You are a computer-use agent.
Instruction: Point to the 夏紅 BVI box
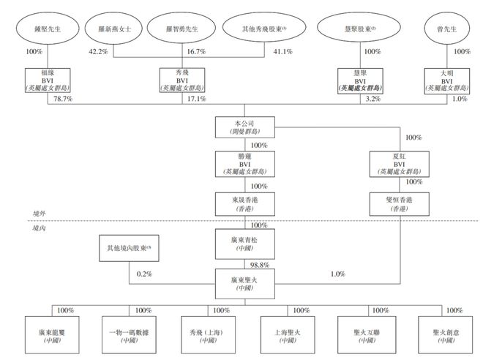click(399, 165)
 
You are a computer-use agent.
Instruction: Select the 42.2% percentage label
click(99, 53)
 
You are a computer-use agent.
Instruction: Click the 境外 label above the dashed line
click(40, 212)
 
